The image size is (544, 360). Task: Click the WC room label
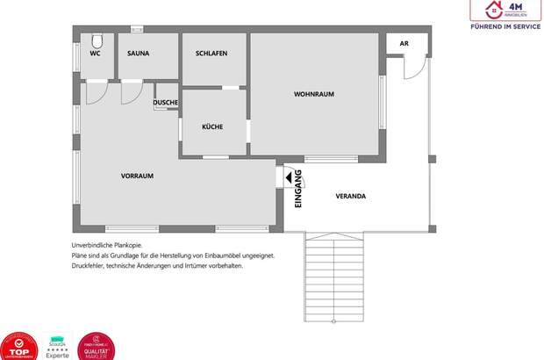pyautogui.click(x=95, y=54)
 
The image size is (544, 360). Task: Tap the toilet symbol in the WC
pyautogui.click(x=97, y=40)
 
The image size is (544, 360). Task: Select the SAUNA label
pyautogui.click(x=138, y=54)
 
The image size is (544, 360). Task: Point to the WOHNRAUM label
pyautogui.click(x=314, y=94)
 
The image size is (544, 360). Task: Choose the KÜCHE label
pyautogui.click(x=212, y=126)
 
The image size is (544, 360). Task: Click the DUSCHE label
pyautogui.click(x=166, y=103)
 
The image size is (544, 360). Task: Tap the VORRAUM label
pyautogui.click(x=137, y=176)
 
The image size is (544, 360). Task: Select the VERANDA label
pyautogui.click(x=351, y=196)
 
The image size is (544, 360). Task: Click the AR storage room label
pyautogui.click(x=404, y=42)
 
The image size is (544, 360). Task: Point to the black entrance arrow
pyautogui.click(x=287, y=177)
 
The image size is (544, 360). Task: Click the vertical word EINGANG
pyautogui.click(x=298, y=186)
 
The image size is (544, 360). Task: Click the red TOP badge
pyautogui.click(x=19, y=346)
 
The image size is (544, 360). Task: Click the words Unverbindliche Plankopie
pyautogui.click(x=105, y=245)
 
